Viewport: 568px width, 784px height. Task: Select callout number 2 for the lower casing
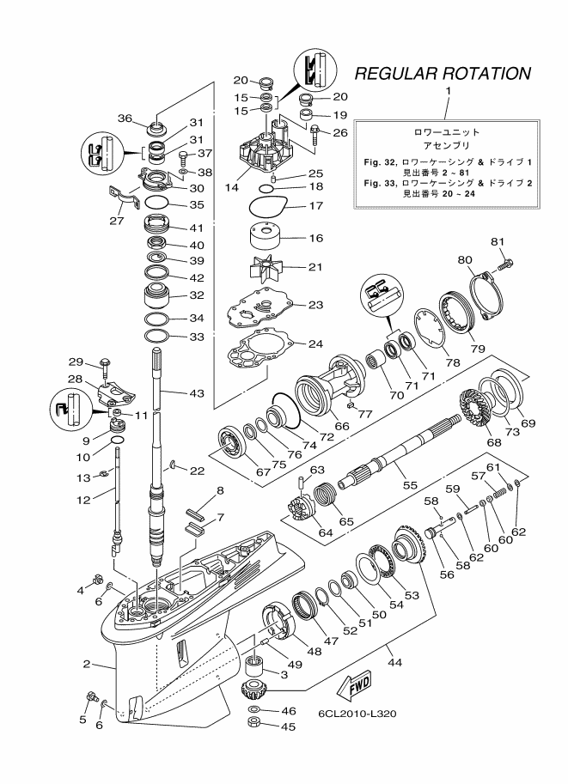(x=86, y=665)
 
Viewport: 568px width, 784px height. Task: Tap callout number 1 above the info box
(x=447, y=91)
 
